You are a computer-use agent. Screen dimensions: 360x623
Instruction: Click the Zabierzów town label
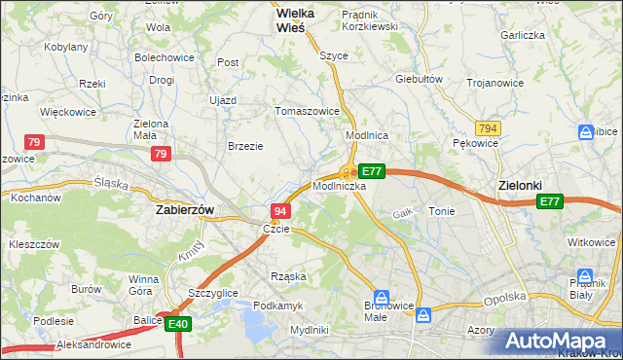185,209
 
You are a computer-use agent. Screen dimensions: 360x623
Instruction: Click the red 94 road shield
279,211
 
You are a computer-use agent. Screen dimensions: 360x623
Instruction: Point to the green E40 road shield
177,325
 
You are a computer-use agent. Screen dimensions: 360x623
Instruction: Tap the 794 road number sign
488,127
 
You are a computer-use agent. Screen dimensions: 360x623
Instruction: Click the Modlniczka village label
340,185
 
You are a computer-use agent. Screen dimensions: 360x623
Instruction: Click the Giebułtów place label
420,78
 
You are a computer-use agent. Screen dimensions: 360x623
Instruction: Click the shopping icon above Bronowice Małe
383,298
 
